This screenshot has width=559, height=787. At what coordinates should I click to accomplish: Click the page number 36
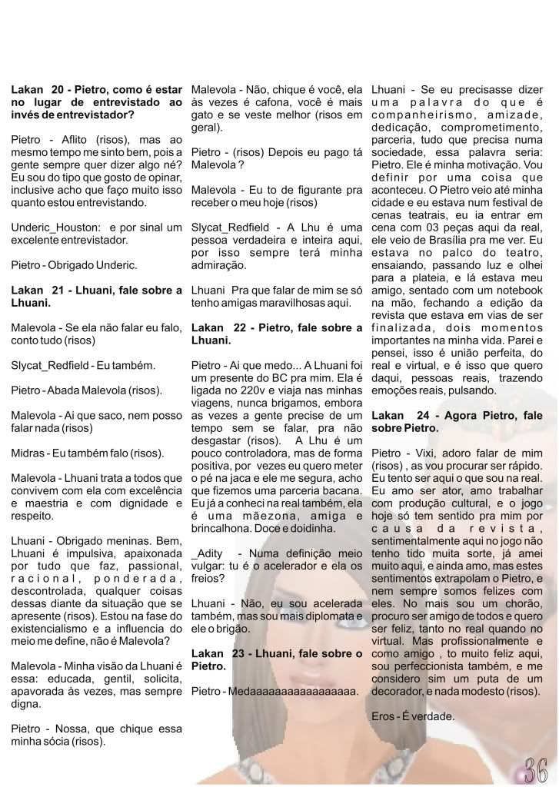point(535,769)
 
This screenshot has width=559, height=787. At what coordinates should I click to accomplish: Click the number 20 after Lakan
point(58,90)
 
